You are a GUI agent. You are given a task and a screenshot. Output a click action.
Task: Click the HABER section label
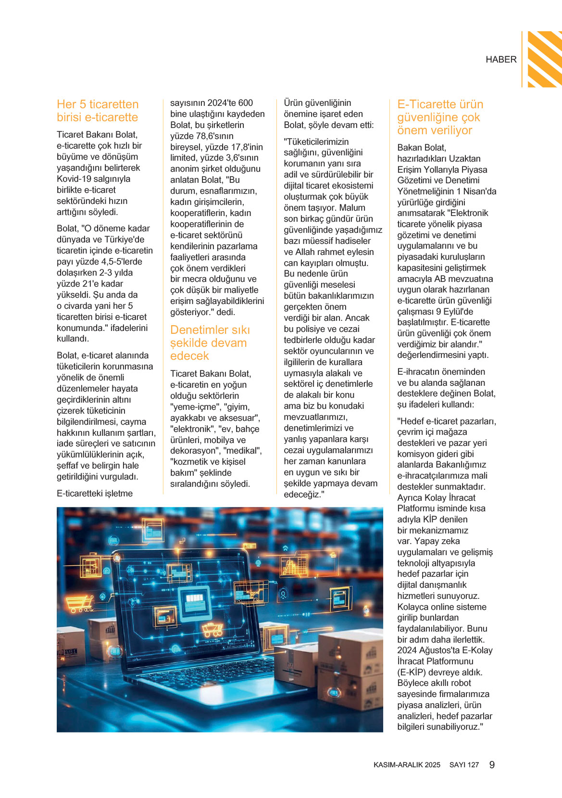[501, 60]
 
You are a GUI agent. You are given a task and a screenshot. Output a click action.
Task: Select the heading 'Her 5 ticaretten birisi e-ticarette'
[98, 111]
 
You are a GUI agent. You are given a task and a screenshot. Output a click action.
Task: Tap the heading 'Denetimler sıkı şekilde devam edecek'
[210, 343]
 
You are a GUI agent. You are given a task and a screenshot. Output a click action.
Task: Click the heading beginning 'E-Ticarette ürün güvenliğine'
[440, 117]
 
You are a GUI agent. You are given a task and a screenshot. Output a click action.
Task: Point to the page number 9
[492, 765]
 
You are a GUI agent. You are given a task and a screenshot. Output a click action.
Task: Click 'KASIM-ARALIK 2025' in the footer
[407, 765]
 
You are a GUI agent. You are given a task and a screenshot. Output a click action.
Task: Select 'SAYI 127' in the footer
[464, 765]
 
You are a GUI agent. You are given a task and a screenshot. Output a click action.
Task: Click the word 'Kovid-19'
[74, 179]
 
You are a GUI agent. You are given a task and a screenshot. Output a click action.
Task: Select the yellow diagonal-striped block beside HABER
[545, 59]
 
